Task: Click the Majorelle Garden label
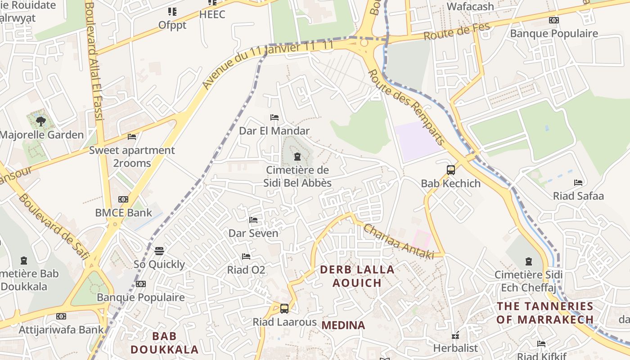[42, 135]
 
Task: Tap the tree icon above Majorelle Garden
[41, 121]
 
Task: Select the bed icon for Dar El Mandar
[274, 117]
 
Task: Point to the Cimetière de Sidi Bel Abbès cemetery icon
[297, 157]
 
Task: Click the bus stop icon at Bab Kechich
[451, 170]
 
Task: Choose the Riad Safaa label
[578, 196]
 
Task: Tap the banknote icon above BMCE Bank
[123, 199]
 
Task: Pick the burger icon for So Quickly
[159, 251]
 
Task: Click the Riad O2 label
[246, 270]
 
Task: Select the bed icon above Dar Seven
[253, 220]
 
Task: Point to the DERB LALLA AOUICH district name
[357, 276]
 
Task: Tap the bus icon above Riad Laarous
[284, 309]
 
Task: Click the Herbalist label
[455, 348]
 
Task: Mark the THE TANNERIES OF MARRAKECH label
[545, 313]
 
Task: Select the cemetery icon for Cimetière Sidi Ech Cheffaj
[529, 261]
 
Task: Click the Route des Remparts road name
[407, 107]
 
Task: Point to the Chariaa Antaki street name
[399, 242]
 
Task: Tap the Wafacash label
[470, 6]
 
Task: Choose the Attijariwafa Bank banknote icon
[61, 316]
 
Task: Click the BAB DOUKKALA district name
[164, 342]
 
